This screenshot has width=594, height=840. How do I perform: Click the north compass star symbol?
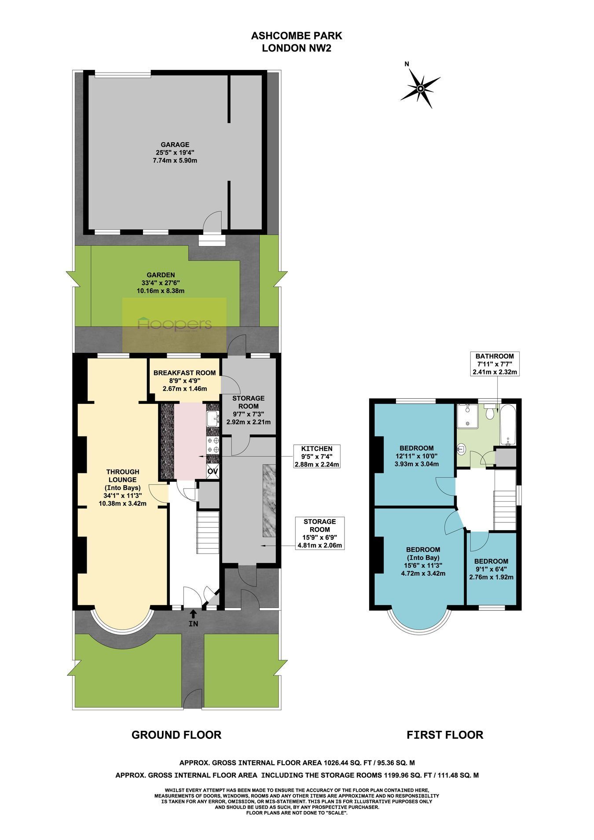click(x=420, y=89)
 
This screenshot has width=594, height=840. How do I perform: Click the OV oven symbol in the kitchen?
click(x=213, y=471)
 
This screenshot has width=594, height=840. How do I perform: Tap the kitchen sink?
click(x=213, y=418)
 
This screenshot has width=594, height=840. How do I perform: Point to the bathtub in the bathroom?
click(x=508, y=424)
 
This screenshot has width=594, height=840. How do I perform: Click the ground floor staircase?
click(x=208, y=532)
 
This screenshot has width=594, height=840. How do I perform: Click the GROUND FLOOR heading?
click(x=176, y=734)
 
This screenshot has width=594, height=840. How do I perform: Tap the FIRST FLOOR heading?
click(x=445, y=734)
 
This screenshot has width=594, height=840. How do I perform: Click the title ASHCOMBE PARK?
click(x=297, y=36)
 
